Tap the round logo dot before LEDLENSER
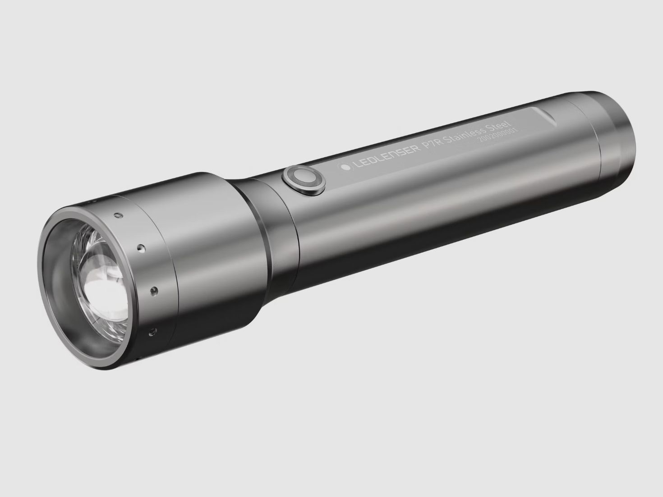pos(345,167)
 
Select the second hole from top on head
pos(141,247)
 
